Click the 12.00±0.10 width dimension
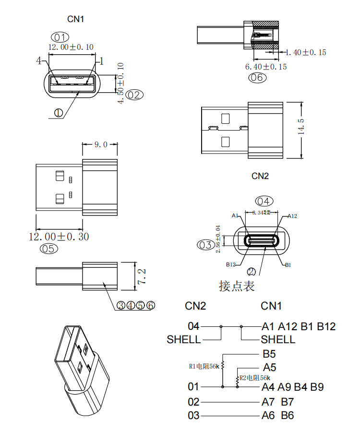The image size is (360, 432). click(71, 47)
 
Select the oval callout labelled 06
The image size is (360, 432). click(257, 77)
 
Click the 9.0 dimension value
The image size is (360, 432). click(100, 144)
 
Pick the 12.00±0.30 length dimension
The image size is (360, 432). click(59, 237)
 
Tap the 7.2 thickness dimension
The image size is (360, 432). click(142, 276)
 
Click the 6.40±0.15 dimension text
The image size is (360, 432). click(266, 67)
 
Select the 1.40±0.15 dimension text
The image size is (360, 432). click(306, 52)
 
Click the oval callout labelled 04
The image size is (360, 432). click(264, 201)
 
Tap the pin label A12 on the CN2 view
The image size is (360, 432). click(292, 216)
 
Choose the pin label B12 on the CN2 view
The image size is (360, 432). click(230, 264)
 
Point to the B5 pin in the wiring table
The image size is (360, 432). click(269, 355)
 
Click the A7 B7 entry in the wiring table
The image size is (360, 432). click(278, 402)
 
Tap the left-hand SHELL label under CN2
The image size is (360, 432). click(184, 340)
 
